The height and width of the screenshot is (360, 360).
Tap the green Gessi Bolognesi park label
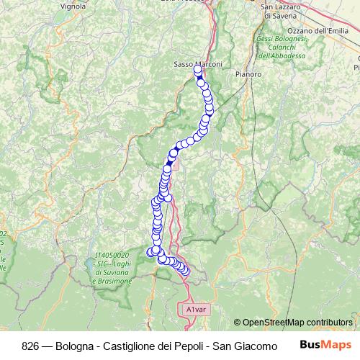coord(281,38)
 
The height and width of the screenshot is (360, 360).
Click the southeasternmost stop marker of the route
coord(185,271)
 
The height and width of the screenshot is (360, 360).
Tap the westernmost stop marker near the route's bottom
coord(150,252)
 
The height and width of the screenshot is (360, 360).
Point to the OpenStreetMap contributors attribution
coord(297,323)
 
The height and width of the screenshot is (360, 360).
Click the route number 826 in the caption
coord(31,344)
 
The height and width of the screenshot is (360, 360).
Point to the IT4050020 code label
coord(112,255)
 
